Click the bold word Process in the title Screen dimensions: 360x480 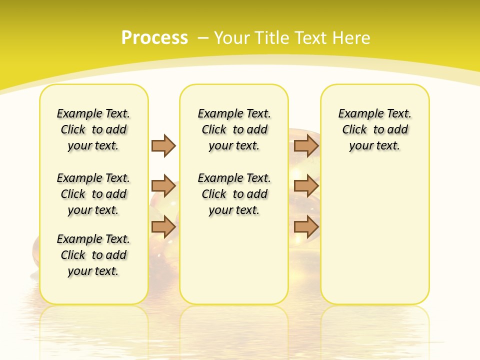point(154,37)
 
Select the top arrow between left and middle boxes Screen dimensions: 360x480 point(163,145)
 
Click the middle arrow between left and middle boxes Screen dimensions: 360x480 point(163,186)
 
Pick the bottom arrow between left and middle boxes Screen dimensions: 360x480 point(163,226)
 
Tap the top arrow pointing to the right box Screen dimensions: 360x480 point(306,145)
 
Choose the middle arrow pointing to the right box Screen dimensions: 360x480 point(306,186)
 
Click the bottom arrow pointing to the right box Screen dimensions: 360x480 point(306,226)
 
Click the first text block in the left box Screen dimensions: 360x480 point(93,129)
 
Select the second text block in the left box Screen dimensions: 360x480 point(93,194)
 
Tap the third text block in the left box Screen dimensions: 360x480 point(93,255)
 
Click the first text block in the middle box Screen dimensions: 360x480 point(234,129)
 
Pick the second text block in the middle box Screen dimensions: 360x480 point(234,194)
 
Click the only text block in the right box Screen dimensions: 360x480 point(374,129)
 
